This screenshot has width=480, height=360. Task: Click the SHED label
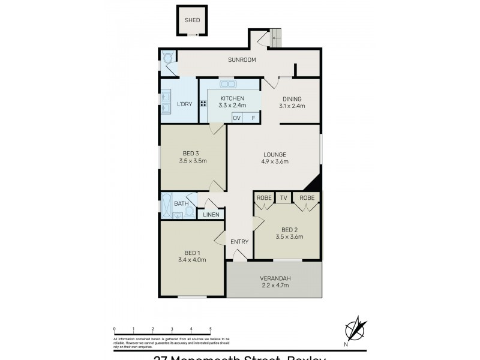pyautogui.click(x=192, y=20)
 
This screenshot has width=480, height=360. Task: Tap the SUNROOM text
pyautogui.click(x=242, y=60)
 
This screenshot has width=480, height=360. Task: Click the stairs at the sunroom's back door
pyautogui.click(x=277, y=38)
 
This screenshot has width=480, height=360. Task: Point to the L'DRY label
pyautogui.click(x=184, y=104)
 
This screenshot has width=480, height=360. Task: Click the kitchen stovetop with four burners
pyautogui.click(x=203, y=104)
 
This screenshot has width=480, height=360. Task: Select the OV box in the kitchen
pyautogui.click(x=237, y=118)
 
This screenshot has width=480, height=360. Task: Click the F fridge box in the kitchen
pyautogui.click(x=253, y=118)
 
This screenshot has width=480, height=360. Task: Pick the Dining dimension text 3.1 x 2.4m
pyautogui.click(x=292, y=106)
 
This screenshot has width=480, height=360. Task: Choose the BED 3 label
pyautogui.click(x=192, y=153)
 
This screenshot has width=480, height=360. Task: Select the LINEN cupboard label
pyautogui.click(x=211, y=215)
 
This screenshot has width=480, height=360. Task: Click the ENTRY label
pyautogui.click(x=239, y=242)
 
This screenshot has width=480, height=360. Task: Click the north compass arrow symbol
pyautogui.click(x=356, y=329)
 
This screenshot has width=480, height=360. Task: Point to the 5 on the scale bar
pyautogui.click(x=211, y=329)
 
